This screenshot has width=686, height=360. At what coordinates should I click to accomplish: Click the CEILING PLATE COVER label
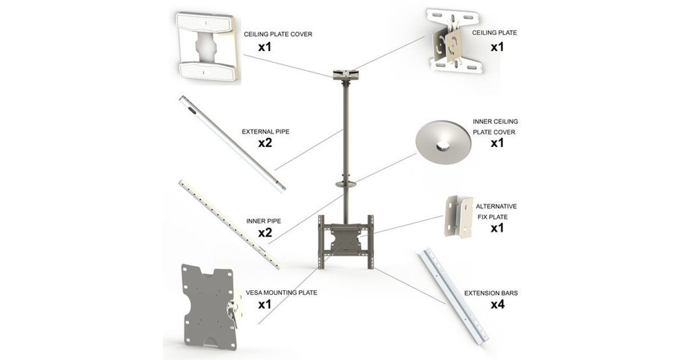[278, 34]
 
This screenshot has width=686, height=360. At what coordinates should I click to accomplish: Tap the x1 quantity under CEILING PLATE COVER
[265, 47]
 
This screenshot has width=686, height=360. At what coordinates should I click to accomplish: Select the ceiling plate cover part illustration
[207, 46]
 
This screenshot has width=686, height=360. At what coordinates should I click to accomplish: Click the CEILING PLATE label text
[494, 33]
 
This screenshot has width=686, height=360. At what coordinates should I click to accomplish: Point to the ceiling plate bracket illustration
[455, 41]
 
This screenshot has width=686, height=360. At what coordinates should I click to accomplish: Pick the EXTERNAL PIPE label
[265, 131]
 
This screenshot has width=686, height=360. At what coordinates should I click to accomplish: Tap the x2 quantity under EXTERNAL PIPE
[265, 143]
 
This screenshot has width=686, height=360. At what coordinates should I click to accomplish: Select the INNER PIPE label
[264, 221]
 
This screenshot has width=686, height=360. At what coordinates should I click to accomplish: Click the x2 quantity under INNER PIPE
[265, 233]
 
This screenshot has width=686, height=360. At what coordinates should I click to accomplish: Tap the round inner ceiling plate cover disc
[444, 143]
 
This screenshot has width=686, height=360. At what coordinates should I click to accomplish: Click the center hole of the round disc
[444, 146]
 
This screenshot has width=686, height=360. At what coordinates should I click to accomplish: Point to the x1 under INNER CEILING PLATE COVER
[497, 143]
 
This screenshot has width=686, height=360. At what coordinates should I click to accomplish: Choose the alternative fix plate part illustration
[458, 217]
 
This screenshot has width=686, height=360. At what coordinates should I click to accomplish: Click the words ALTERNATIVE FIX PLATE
[496, 211]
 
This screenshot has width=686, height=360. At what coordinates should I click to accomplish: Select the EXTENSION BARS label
[491, 293]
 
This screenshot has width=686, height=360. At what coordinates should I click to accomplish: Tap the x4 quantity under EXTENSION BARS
[498, 305]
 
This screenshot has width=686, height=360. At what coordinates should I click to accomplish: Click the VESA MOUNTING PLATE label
[281, 293]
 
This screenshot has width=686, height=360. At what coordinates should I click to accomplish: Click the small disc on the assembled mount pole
[346, 184]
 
